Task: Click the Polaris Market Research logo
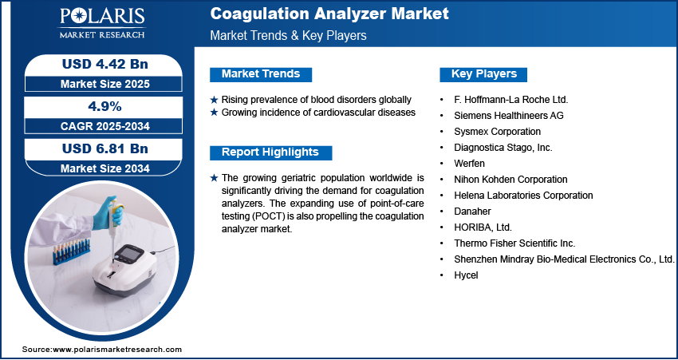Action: click(102, 23)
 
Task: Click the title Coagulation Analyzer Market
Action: click(329, 14)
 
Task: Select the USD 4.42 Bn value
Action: click(105, 64)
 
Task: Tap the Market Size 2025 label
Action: click(105, 84)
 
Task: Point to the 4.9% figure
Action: click(105, 106)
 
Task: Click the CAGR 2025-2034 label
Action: click(105, 126)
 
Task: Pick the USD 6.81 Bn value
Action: click(105, 148)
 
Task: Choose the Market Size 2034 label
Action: click(105, 168)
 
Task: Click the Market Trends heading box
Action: click(261, 74)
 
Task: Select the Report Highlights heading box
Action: click(270, 152)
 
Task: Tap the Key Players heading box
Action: click(483, 74)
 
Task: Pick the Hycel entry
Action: click(466, 275)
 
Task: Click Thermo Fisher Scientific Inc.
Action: click(514, 243)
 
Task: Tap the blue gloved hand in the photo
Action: click(104, 212)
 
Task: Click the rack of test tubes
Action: click(71, 251)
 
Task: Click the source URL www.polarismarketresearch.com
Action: click(117, 350)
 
